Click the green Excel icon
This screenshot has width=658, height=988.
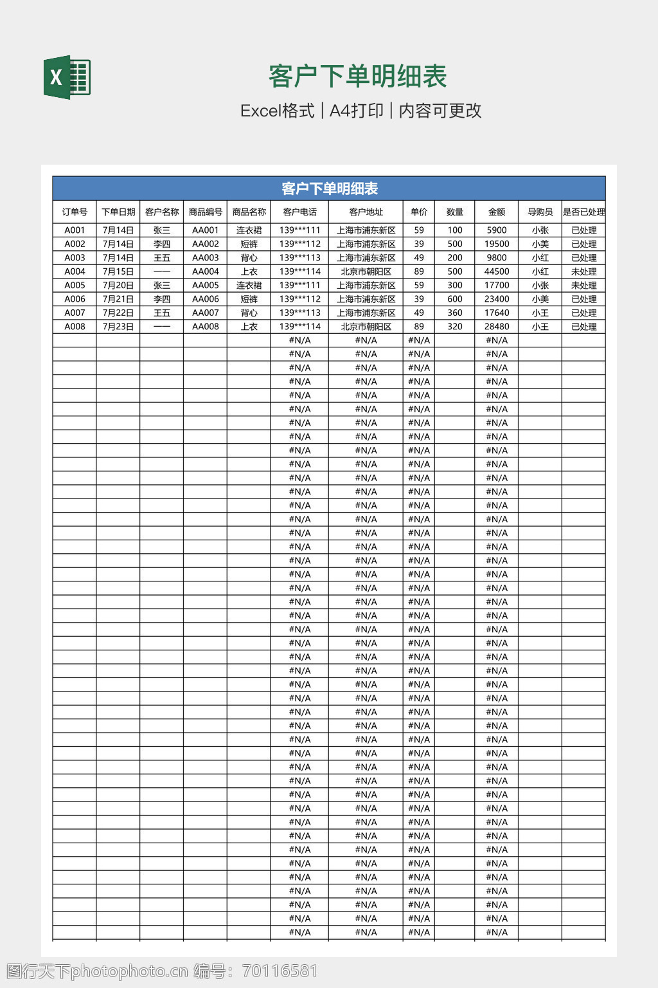[x=67, y=78]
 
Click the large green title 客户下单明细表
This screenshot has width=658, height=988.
[x=357, y=77]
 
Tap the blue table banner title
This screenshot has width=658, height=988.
[x=329, y=188]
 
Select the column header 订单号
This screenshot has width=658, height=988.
[x=75, y=212]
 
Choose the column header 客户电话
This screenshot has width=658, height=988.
[x=299, y=212]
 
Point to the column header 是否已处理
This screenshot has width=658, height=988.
[x=583, y=212]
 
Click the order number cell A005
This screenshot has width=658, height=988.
[x=75, y=285]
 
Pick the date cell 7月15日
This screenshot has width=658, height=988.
[x=118, y=271]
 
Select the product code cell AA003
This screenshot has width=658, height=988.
[x=205, y=257]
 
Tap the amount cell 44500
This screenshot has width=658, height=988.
[x=496, y=271]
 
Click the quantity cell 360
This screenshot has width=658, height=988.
[x=454, y=313]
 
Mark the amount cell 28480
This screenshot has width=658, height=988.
[x=496, y=326]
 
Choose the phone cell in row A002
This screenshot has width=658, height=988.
[x=299, y=244]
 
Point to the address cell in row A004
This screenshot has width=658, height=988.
[x=366, y=271]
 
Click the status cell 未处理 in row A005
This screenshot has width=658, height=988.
[x=583, y=285]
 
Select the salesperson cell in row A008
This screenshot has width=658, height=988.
[x=540, y=326]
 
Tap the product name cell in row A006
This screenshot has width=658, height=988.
[x=249, y=299]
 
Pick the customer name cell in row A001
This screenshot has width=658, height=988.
[x=162, y=230]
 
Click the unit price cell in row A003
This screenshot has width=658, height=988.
[x=418, y=257]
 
